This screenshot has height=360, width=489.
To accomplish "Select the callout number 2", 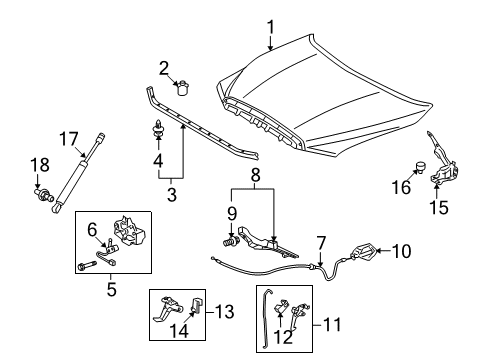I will click(162, 68).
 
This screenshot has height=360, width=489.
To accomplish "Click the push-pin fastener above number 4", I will click(158, 129).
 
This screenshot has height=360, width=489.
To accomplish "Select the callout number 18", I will click(37, 164).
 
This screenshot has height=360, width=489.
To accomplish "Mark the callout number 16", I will click(399, 187).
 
